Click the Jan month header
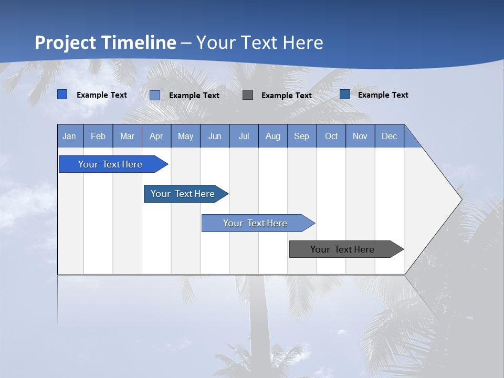[70, 136]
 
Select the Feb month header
[98, 136]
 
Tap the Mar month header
[127, 136]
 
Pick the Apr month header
[156, 136]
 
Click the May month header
[185, 136]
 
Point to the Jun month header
[215, 136]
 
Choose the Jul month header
[244, 136]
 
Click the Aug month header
[273, 136]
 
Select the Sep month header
[302, 136]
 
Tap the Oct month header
[331, 136]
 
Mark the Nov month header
[360, 136]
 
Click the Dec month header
[390, 136]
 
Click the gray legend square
[248, 95]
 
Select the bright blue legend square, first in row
[62, 94]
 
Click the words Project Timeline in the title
[106, 43]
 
